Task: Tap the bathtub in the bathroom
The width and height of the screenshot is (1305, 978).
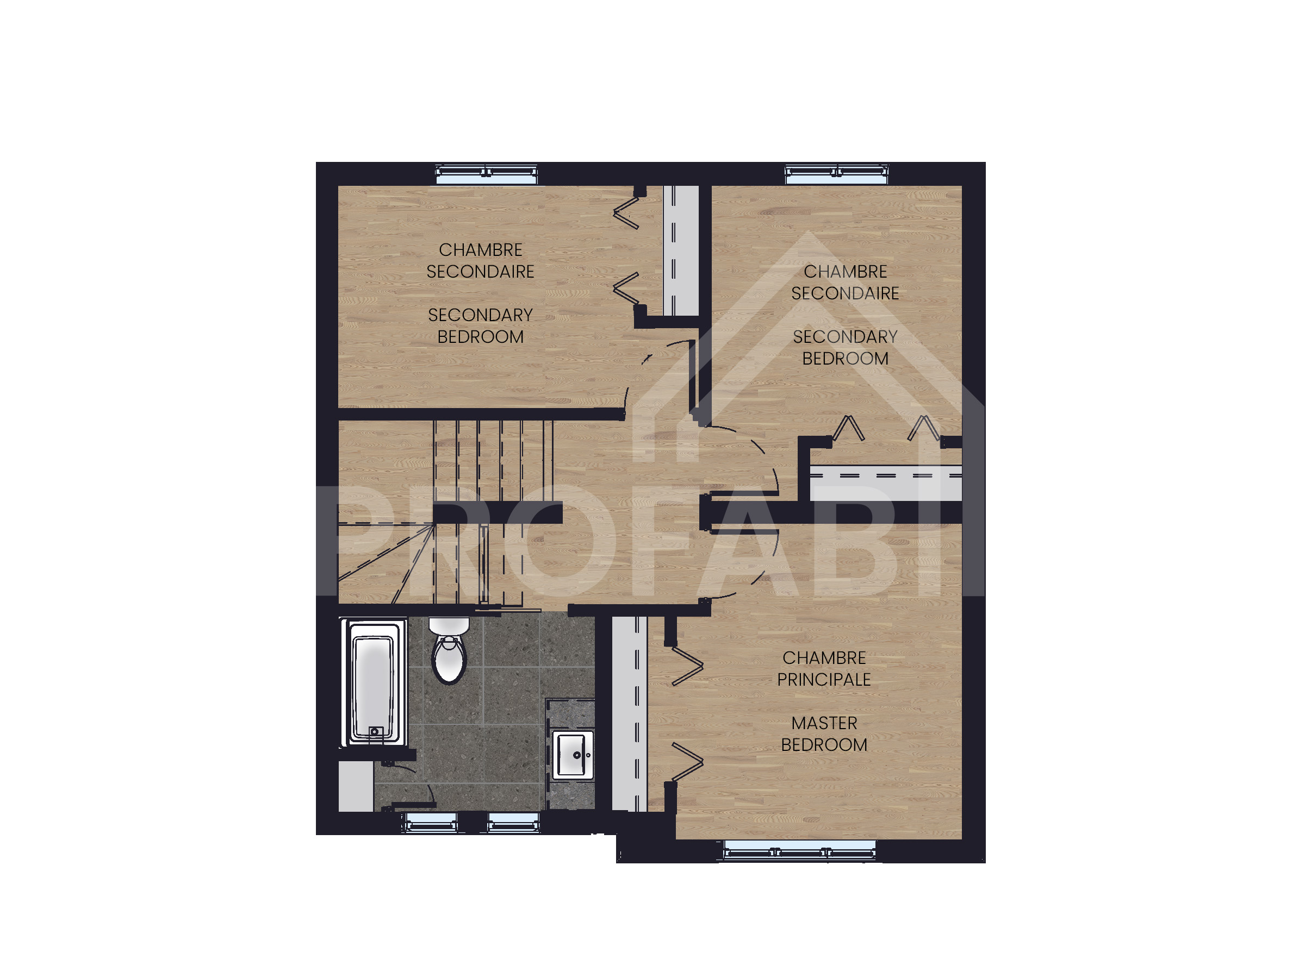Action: [374, 682]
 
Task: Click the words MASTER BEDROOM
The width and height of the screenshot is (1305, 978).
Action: [824, 734]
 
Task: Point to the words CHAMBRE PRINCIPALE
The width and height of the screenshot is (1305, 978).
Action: [824, 668]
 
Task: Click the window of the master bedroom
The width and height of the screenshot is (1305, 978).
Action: [800, 850]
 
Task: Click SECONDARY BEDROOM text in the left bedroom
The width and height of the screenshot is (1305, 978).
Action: [480, 326]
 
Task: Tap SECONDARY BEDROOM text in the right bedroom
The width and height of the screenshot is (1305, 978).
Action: [846, 348]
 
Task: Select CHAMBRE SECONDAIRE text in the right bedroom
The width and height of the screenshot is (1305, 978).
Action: [846, 283]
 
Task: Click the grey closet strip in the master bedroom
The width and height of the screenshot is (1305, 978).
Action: [630, 714]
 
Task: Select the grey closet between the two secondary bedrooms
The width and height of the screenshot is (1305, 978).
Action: [681, 251]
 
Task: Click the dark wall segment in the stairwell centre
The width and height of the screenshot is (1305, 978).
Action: [498, 513]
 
